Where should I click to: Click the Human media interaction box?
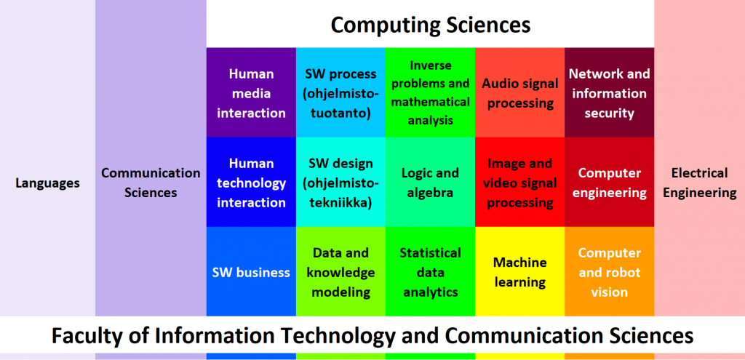tap(251, 92)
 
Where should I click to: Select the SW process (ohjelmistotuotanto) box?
tap(340, 92)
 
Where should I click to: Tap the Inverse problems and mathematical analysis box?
tap(430, 92)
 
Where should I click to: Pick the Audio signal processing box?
tap(519, 92)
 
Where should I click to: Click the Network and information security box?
tap(609, 92)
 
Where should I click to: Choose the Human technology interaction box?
tap(251, 182)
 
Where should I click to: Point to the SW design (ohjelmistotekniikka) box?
tap(340, 182)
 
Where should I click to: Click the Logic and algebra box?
tap(430, 182)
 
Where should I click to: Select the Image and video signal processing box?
tap(519, 182)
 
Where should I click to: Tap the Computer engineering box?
tap(609, 182)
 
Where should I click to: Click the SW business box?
tap(251, 271)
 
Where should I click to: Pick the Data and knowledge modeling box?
tap(340, 271)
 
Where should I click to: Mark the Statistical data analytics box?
tap(430, 271)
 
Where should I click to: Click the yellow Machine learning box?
tap(519, 271)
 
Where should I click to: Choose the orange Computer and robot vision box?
tap(609, 271)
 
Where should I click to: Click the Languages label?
tap(47, 183)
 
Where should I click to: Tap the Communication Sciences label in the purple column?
tap(151, 183)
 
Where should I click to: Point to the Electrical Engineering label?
tap(700, 183)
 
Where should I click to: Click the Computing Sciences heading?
tap(431, 25)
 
